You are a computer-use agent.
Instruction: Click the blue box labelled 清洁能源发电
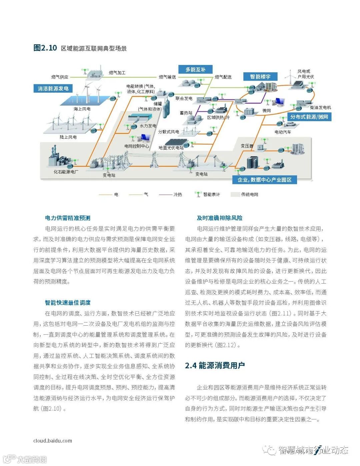[53, 88]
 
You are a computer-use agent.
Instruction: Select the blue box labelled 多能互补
[195, 69]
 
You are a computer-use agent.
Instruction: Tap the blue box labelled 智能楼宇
[260, 77]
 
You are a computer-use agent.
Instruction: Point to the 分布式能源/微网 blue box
[309, 117]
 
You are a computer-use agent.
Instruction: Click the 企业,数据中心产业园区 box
[264, 180]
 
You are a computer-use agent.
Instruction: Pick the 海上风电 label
[82, 109]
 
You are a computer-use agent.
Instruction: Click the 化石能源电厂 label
[66, 172]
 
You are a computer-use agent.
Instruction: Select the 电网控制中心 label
[137, 146]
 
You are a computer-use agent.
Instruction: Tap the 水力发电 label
[148, 126]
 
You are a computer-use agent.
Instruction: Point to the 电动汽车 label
[283, 132]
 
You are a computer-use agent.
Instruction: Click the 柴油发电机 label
[320, 108]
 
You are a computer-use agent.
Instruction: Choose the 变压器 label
[247, 146]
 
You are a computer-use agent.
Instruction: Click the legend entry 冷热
[178, 194]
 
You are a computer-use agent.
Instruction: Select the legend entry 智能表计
[211, 194]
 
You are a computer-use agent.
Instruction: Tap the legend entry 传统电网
[249, 194]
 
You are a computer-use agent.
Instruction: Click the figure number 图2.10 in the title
[45, 48]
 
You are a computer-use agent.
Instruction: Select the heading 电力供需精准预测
[68, 218]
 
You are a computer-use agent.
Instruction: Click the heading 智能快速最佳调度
[68, 303]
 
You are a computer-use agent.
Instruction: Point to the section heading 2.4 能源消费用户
[215, 366]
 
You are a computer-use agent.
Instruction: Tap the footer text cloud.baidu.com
[53, 441]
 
